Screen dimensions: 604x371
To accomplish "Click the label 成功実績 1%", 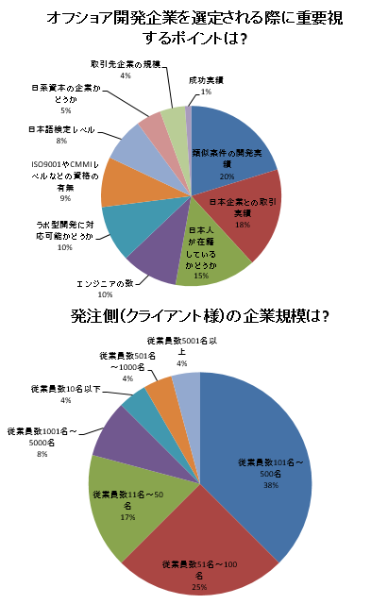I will coord(207,86).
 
